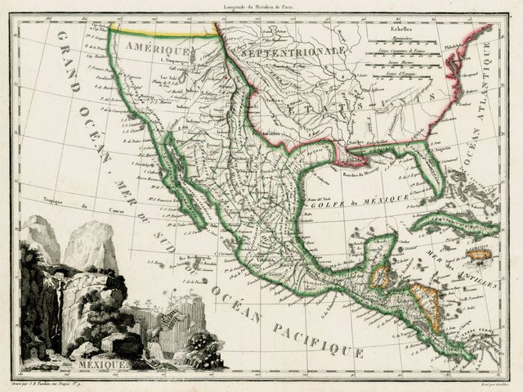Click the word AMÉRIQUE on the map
(x=158, y=49)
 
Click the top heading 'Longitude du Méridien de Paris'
(x=262, y=7)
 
